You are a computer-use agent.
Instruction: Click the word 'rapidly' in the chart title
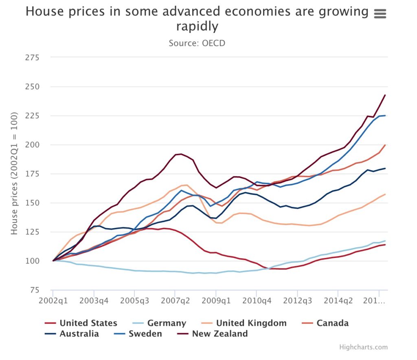(x=197, y=27)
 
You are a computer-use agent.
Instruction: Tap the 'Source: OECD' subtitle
(x=197, y=43)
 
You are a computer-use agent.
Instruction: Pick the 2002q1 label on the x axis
(x=53, y=302)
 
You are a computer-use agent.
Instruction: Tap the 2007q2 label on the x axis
(x=175, y=302)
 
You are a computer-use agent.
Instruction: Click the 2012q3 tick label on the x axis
(x=297, y=302)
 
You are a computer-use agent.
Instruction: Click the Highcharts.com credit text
(x=363, y=347)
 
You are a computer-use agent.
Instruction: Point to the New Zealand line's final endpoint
(x=385, y=95)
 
